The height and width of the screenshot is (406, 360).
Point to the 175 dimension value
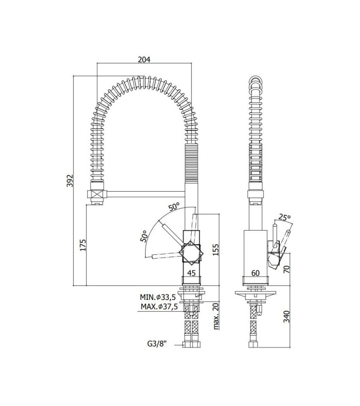click(x=83, y=245)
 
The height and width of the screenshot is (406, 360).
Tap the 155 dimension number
click(x=215, y=250)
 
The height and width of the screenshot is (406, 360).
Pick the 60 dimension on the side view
click(x=256, y=273)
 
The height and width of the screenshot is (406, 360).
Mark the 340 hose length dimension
click(x=287, y=315)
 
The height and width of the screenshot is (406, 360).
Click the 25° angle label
click(x=284, y=218)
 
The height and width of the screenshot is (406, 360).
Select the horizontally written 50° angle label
click(x=174, y=207)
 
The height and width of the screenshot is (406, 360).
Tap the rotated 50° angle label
click(x=144, y=237)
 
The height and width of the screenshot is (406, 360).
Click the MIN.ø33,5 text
click(x=159, y=297)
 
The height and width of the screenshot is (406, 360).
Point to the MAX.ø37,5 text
click(x=159, y=306)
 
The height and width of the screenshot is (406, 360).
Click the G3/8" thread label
click(x=158, y=344)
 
